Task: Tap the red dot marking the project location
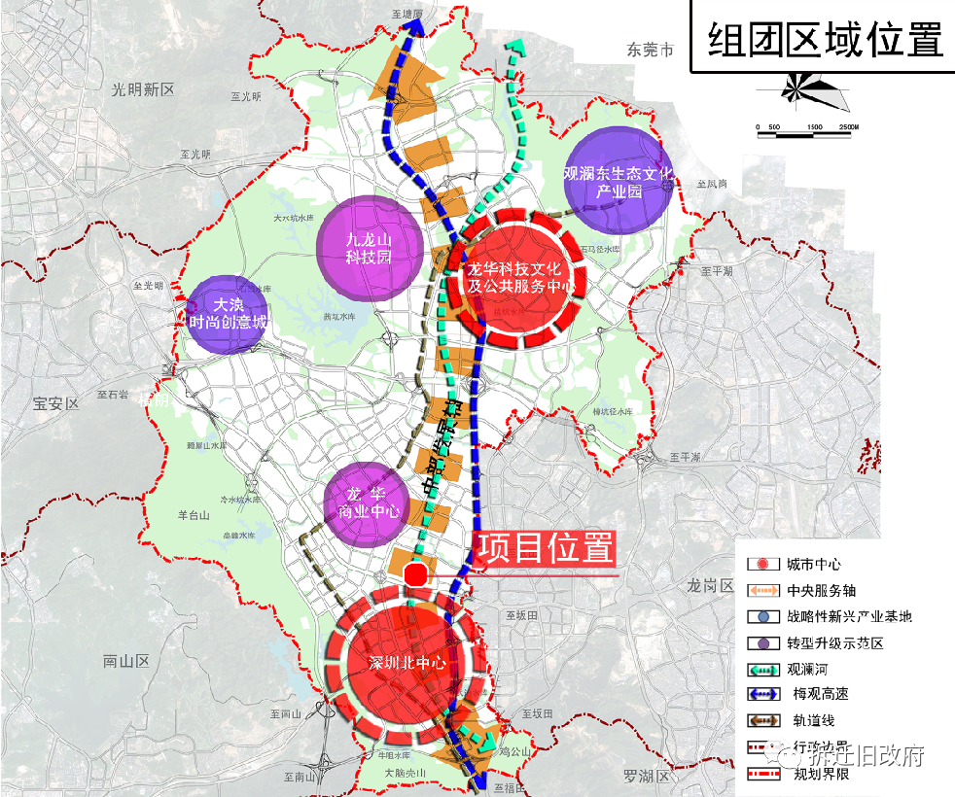coord(415,574)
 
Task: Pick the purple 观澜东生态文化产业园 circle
coord(618,182)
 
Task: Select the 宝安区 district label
coord(54,404)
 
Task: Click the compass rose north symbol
coord(803,90)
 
